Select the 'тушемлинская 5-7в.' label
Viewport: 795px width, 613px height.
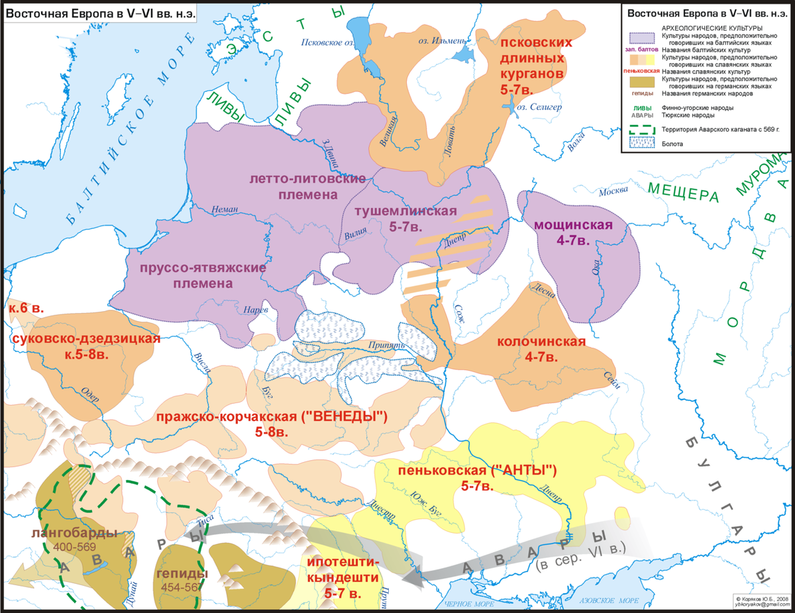coord(405,219)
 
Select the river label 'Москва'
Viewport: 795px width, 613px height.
coord(613,192)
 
